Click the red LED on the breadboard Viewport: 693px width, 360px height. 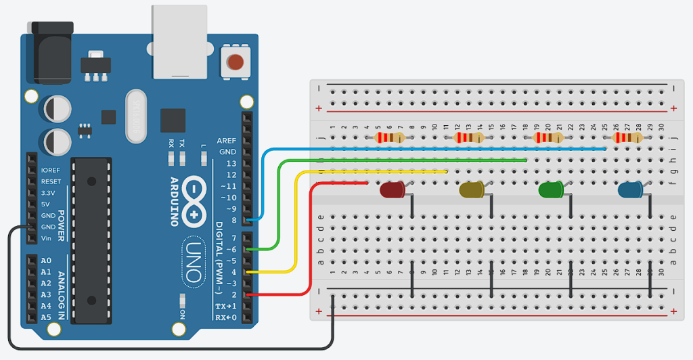(392, 189)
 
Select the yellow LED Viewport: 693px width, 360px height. (471, 190)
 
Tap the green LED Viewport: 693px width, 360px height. (550, 190)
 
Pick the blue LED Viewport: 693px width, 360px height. (630, 190)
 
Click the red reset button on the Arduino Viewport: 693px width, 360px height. (235, 63)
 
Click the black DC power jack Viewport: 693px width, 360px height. (51, 54)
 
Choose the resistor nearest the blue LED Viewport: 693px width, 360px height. (627, 138)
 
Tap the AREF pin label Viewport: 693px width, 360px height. (227, 141)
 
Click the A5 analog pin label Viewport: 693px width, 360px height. (46, 317)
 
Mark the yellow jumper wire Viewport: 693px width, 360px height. (296, 223)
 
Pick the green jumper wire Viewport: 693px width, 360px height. (406, 160)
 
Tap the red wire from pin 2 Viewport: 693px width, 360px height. (310, 237)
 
